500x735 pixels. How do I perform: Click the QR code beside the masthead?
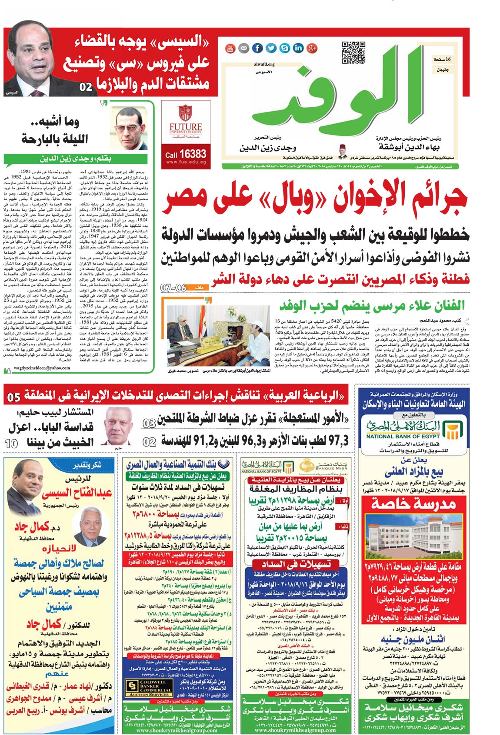tap(353, 53)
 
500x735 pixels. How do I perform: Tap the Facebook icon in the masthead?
tap(257, 48)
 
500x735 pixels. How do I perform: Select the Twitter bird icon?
tap(271, 48)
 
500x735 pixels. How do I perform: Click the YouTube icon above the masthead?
tap(230, 48)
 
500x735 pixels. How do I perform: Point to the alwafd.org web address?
tap(264, 64)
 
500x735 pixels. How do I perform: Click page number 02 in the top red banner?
tap(86, 87)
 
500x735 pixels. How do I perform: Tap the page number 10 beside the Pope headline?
tap(12, 444)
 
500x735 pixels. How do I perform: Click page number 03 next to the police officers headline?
tap(149, 423)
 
